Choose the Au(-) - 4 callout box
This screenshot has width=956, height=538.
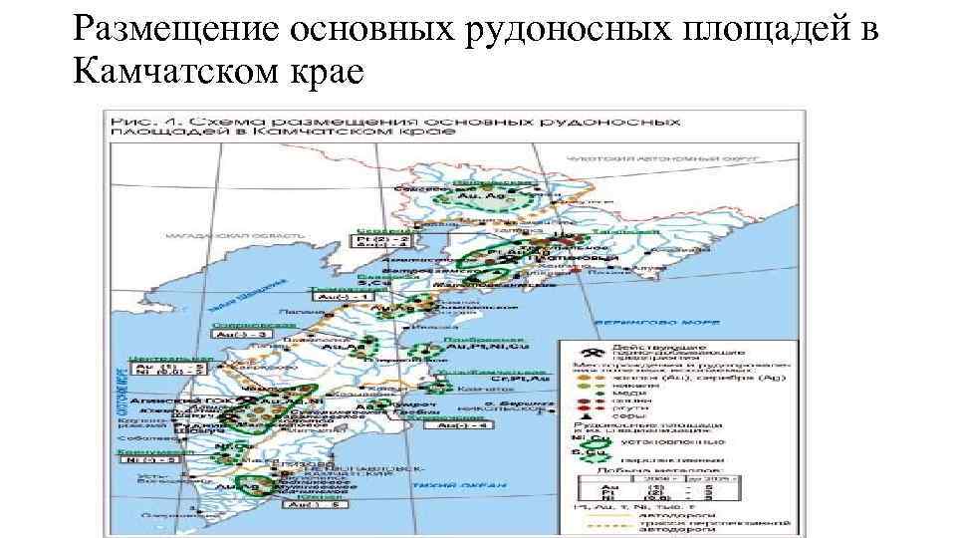tap(460, 425)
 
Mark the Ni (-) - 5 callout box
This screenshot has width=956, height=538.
tap(148, 462)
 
